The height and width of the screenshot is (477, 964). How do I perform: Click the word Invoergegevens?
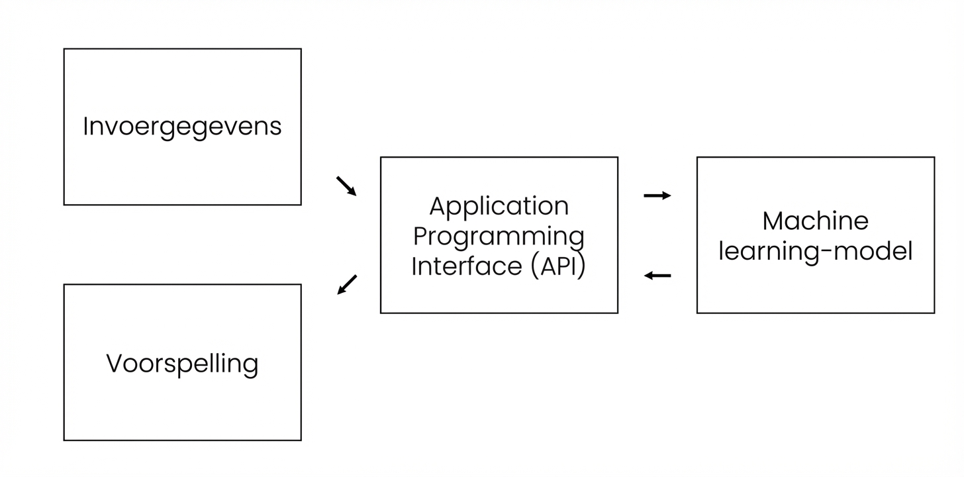pyautogui.click(x=182, y=127)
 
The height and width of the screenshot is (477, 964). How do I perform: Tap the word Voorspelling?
pyautogui.click(x=182, y=364)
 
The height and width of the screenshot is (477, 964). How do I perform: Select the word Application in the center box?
pyautogui.click(x=499, y=207)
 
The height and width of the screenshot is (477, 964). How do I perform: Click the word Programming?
pyautogui.click(x=499, y=237)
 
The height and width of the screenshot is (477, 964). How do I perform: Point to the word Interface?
pyautogui.click(x=467, y=266)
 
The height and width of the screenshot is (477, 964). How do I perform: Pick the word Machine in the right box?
pyautogui.click(x=815, y=221)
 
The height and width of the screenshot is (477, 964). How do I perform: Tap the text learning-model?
pyautogui.click(x=815, y=251)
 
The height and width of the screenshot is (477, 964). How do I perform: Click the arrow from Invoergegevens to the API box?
pyautogui.click(x=346, y=186)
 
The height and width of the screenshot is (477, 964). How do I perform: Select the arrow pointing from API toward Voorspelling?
pyautogui.click(x=347, y=284)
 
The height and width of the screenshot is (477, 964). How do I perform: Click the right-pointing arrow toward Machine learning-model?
pyautogui.click(x=657, y=195)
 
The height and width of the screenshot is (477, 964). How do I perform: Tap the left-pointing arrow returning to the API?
pyautogui.click(x=657, y=276)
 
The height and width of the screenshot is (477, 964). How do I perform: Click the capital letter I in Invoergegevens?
pyautogui.click(x=86, y=126)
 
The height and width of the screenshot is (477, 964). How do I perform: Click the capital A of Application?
pyautogui.click(x=438, y=206)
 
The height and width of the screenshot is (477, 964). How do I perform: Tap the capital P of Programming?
pyautogui.click(x=418, y=236)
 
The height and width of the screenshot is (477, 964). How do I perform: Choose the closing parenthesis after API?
pyautogui.click(x=582, y=266)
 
